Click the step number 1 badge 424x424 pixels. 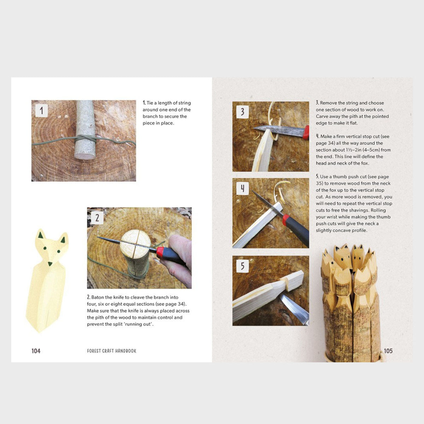coord(42,111)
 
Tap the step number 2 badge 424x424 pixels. coord(97,217)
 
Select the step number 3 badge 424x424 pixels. coord(242,112)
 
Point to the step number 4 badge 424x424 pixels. coord(242,189)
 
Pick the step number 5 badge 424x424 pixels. coord(242,266)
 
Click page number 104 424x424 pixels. coord(36,351)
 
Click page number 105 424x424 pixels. coord(388,351)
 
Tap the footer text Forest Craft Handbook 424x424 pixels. coord(112,351)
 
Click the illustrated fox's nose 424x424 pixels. coord(50,264)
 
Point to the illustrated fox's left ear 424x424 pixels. coord(41,235)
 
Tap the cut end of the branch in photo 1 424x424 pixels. coord(84,156)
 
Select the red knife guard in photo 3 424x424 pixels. coord(306,132)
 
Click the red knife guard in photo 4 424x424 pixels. coord(285,220)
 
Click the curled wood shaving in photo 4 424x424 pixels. coord(281,191)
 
